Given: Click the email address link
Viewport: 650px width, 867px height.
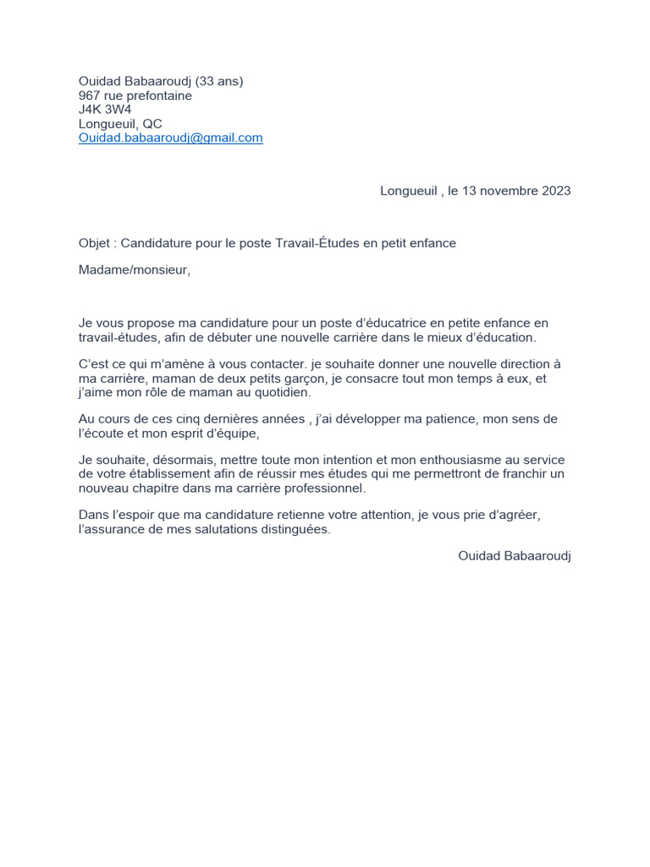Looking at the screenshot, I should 170,137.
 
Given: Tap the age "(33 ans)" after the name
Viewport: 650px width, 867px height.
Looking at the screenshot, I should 219,81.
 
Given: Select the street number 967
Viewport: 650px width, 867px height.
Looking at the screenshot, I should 90,96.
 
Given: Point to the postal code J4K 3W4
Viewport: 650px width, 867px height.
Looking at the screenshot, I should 105,109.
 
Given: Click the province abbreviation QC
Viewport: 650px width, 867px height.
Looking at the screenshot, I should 152,124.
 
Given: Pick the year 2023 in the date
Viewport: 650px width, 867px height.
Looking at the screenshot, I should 554,191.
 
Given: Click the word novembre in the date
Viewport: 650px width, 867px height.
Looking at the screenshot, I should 504,191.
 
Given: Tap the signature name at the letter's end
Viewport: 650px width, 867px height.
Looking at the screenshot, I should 514,555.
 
